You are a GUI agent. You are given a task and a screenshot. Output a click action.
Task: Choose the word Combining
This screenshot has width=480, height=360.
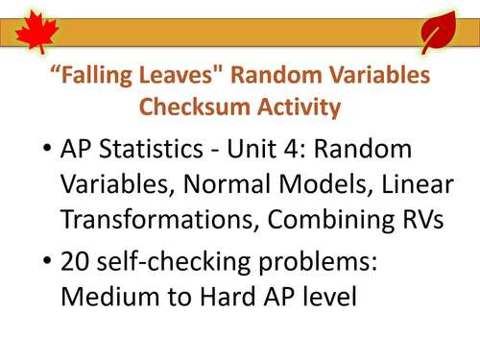[x=332, y=220]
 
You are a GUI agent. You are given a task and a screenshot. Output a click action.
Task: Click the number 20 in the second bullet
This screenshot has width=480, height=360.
[x=76, y=265]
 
